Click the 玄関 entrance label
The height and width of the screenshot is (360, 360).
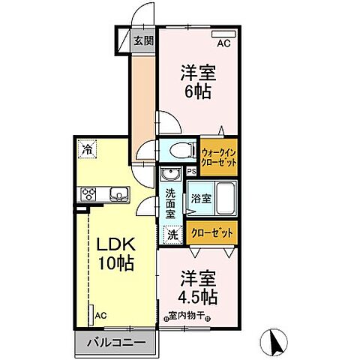143,41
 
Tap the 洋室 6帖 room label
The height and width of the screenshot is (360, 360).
196,82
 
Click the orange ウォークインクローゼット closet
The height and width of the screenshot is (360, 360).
218,157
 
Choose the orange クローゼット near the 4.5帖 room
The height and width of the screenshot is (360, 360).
213,233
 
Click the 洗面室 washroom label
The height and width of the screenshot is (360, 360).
172,202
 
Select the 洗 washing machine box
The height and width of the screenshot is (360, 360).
172,234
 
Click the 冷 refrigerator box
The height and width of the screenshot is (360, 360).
88,149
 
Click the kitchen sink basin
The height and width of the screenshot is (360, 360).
119,196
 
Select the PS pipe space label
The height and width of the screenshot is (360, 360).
191,170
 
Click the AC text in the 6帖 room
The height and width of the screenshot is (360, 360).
223,43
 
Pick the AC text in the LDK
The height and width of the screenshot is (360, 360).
100,316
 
